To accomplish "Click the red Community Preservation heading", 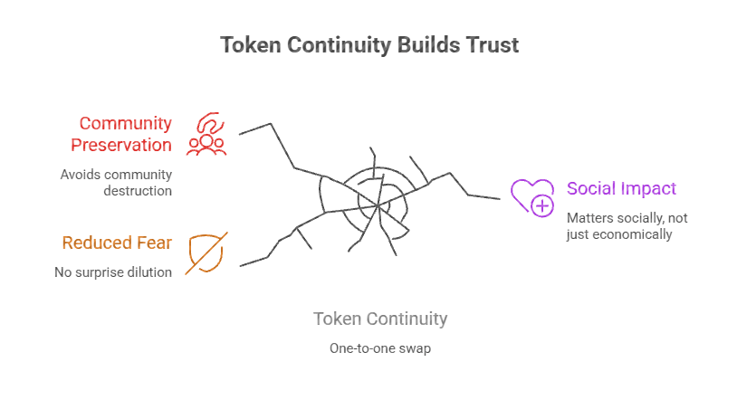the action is (x=125, y=133).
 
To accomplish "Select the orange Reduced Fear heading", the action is (x=117, y=243).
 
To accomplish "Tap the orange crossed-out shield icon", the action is (x=206, y=252).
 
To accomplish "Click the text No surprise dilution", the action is (x=112, y=271).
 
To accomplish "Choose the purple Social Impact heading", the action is (x=621, y=188).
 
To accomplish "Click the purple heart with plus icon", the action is (x=531, y=196).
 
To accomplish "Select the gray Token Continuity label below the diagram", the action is (x=380, y=319).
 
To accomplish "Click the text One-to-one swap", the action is (x=380, y=348).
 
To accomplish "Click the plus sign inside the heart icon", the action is (x=542, y=206).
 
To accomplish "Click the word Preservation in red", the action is (x=125, y=145).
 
